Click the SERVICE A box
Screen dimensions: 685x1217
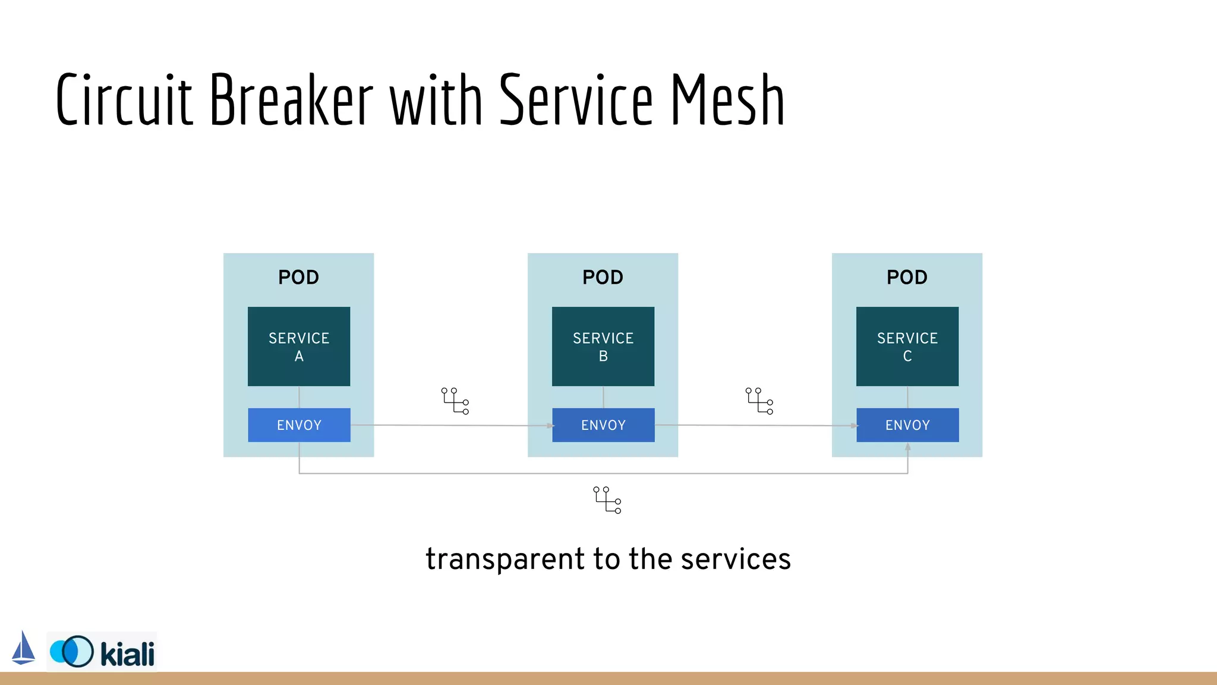click(x=299, y=347)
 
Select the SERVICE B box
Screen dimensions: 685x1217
click(x=603, y=347)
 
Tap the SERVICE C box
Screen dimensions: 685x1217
click(x=907, y=347)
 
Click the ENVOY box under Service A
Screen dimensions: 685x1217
click(x=299, y=425)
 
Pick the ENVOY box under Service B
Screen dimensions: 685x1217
click(x=603, y=425)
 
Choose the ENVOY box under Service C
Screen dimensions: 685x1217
click(x=907, y=425)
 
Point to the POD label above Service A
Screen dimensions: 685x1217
click(x=299, y=277)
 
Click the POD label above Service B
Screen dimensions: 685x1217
click(x=603, y=277)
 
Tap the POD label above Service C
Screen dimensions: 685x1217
click(x=907, y=277)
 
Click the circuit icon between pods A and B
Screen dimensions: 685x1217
click(x=455, y=401)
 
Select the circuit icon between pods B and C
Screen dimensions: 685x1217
click(x=759, y=401)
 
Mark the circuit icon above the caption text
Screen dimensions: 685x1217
click(x=607, y=500)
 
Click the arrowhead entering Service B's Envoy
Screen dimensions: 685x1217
click(x=550, y=426)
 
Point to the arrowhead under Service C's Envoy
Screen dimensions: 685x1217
click(x=907, y=447)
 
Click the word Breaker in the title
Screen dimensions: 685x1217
click(x=291, y=100)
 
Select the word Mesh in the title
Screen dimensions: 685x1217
click(x=727, y=100)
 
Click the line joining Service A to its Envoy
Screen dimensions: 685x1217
click(x=299, y=397)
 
